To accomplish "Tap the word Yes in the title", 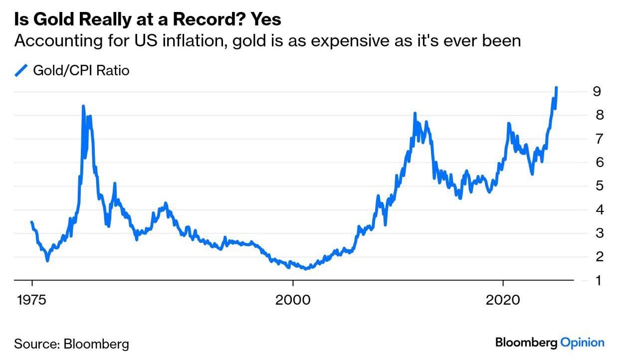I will (266, 19).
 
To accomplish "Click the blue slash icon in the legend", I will (21, 71).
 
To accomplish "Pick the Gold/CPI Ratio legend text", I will (81, 71).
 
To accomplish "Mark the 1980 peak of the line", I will (83, 106).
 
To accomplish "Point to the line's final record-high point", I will (556, 88).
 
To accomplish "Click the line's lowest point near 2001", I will (306, 269).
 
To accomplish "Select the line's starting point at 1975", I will (32, 222).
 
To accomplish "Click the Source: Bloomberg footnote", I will (71, 344).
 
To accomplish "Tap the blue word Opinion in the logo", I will (582, 343).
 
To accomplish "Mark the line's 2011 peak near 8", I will (414, 114).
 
